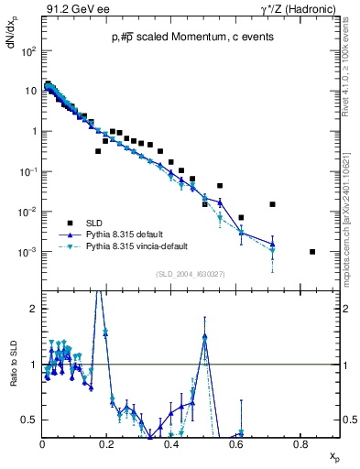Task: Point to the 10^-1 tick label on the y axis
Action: tap(28, 172)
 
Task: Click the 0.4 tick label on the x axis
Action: tap(171, 443)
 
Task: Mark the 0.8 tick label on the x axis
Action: tap(300, 443)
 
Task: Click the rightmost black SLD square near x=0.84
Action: tap(312, 252)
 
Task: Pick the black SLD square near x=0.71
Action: tap(272, 204)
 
